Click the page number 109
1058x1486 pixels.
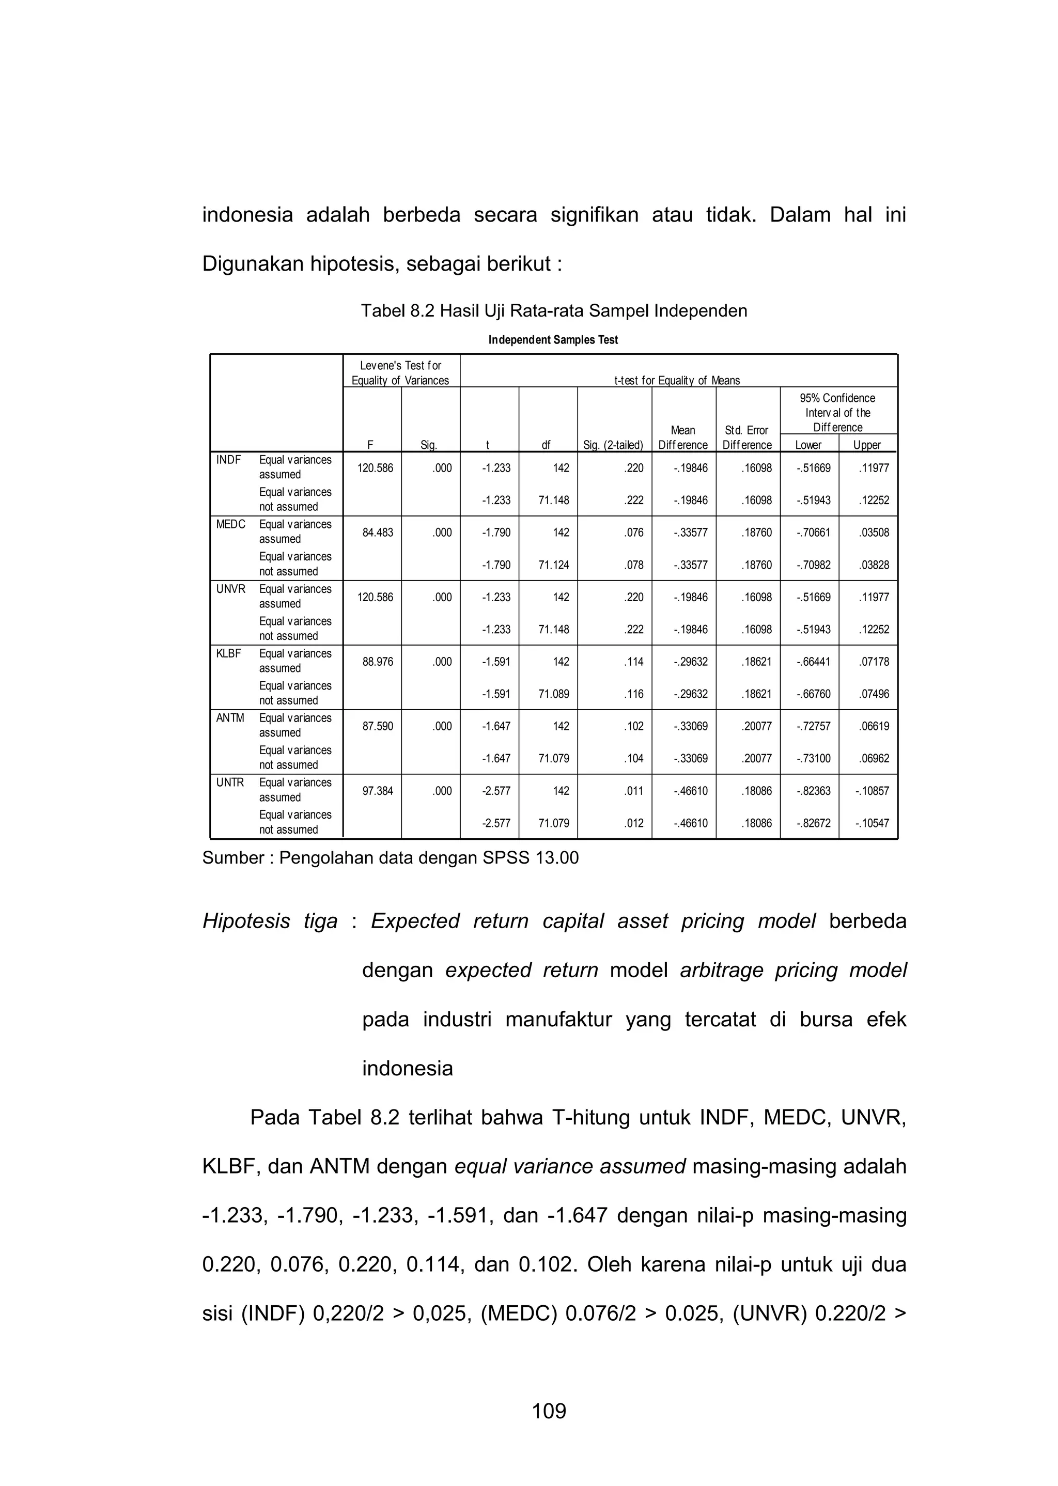(x=549, y=1411)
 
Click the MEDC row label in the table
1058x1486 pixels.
(x=230, y=524)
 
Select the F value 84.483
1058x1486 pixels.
(x=375, y=533)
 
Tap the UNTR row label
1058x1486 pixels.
(x=230, y=782)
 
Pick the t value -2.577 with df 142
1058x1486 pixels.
(x=496, y=791)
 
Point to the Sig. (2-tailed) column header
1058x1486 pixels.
(x=613, y=445)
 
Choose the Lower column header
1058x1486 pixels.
(x=808, y=445)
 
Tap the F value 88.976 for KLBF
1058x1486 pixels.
(x=375, y=662)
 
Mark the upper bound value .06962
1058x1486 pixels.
(x=874, y=759)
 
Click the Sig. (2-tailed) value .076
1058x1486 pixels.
(x=634, y=533)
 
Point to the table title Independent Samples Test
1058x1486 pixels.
(x=552, y=340)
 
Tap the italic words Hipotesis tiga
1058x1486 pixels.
(x=270, y=921)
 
